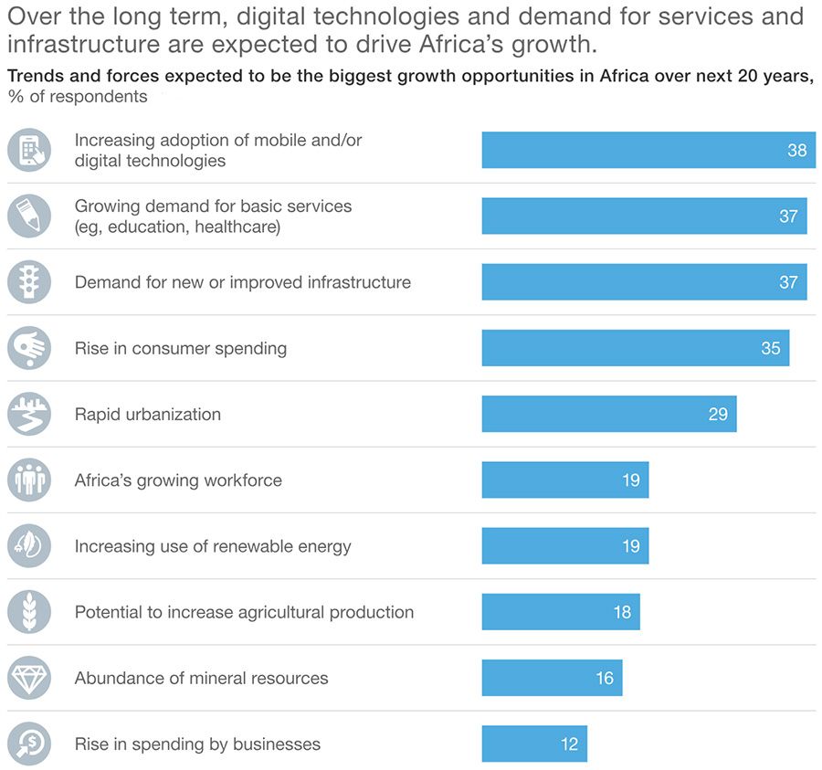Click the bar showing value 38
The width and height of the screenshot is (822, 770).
click(x=648, y=150)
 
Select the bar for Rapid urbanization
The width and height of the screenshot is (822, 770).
click(x=608, y=414)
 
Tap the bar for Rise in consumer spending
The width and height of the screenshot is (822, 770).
click(x=635, y=348)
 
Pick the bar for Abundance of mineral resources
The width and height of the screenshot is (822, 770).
click(x=552, y=678)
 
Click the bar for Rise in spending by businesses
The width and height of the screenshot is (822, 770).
click(x=534, y=744)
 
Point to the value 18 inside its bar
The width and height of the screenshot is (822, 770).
click(x=622, y=612)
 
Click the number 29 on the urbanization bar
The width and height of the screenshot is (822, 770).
click(x=718, y=414)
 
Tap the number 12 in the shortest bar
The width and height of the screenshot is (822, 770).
click(x=569, y=744)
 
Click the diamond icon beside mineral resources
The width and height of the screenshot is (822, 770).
click(x=29, y=678)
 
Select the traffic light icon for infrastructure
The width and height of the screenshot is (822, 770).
click(x=29, y=282)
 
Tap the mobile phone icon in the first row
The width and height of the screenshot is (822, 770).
click(x=29, y=150)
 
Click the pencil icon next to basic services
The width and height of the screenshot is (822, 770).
click(x=29, y=216)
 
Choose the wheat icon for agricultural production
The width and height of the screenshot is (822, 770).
click(x=29, y=612)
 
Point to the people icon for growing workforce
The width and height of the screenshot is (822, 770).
click(x=29, y=480)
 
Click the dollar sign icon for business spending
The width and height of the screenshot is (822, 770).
click(x=29, y=744)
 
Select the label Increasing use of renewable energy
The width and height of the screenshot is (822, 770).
click(x=213, y=546)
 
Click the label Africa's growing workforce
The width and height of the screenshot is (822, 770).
click(x=178, y=480)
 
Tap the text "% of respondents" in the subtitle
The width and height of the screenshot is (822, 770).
click(x=78, y=97)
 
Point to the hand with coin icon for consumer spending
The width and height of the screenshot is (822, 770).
click(x=29, y=348)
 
